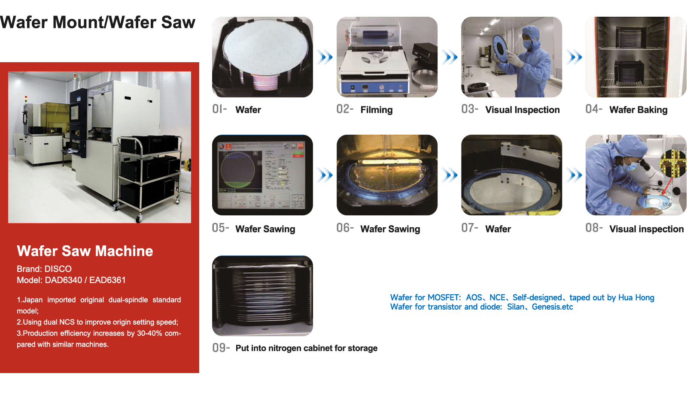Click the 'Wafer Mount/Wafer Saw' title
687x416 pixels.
click(x=97, y=22)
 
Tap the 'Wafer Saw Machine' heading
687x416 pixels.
click(x=85, y=251)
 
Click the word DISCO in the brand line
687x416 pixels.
click(x=58, y=269)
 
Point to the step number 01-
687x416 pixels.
click(x=219, y=109)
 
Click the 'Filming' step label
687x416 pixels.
click(x=376, y=110)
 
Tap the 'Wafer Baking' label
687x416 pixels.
click(x=638, y=110)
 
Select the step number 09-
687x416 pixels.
click(x=221, y=348)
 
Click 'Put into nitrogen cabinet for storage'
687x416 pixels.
click(x=307, y=348)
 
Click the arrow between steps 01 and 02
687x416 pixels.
click(x=325, y=57)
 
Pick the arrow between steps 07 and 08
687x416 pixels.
click(x=574, y=175)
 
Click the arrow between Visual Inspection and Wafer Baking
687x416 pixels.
click(x=574, y=57)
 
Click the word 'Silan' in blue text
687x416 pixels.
click(x=516, y=307)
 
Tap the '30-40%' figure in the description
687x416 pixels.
click(x=149, y=333)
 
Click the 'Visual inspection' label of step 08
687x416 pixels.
click(x=647, y=229)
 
